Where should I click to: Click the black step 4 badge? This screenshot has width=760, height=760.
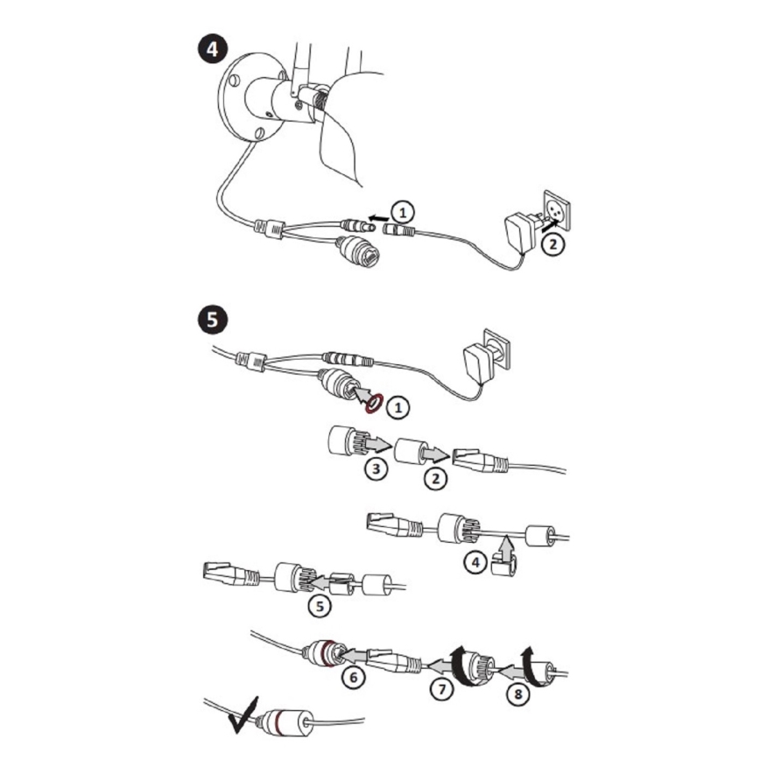(x=212, y=49)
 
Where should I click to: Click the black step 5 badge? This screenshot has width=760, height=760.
(x=212, y=320)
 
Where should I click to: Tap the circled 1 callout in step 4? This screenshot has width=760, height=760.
(x=403, y=212)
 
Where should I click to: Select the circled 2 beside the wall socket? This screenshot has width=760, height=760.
(x=552, y=243)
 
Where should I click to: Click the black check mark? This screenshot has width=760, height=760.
(x=243, y=716)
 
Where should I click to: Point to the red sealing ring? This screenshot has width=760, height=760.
(x=374, y=404)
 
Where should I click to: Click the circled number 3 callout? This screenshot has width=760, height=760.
(x=376, y=468)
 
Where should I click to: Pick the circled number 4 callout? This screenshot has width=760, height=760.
(x=475, y=562)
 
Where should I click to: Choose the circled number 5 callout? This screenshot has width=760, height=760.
(x=320, y=606)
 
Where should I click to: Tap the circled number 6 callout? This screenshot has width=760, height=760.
(x=354, y=677)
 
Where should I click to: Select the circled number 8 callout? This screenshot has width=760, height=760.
(x=518, y=694)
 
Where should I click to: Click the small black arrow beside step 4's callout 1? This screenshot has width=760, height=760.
(x=378, y=218)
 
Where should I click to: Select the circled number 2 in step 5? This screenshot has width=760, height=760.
(x=435, y=478)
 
